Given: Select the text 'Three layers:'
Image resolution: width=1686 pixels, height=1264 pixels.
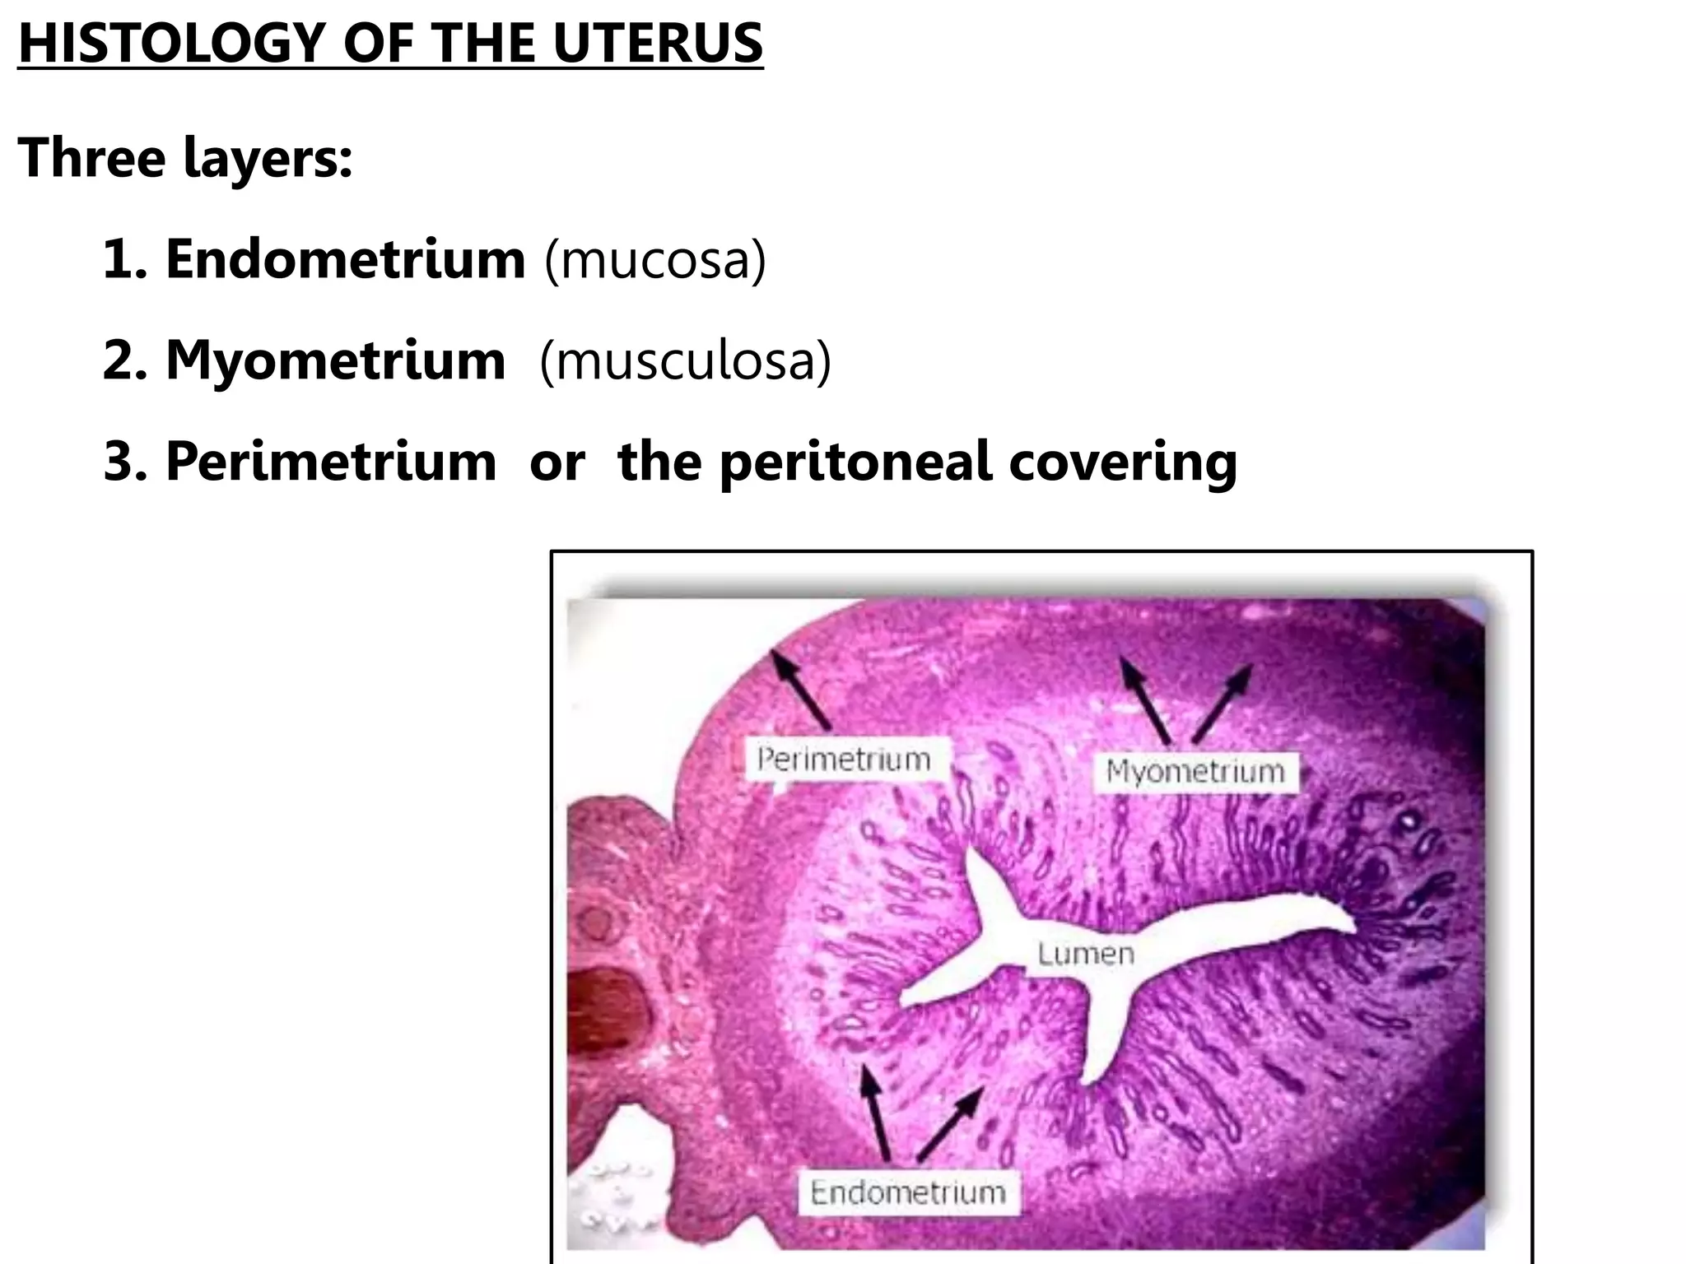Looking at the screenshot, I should point(185,157).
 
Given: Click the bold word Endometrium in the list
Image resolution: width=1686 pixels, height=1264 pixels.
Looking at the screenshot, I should point(346,258).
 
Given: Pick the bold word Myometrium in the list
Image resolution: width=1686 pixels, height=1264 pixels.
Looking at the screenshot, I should point(336,360).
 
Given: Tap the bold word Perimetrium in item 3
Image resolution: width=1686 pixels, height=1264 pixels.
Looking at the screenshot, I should point(332,461).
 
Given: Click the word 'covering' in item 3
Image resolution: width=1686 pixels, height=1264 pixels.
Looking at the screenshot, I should point(1123,461).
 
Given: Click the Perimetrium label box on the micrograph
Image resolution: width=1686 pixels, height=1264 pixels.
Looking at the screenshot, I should point(844,758).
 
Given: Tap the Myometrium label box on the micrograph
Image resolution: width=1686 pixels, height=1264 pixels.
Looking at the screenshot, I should point(1195,771).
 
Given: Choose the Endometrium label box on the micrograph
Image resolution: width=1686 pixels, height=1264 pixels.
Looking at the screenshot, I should point(907,1192).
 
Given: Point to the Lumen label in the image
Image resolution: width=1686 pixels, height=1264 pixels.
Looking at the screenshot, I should point(1085,954).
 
